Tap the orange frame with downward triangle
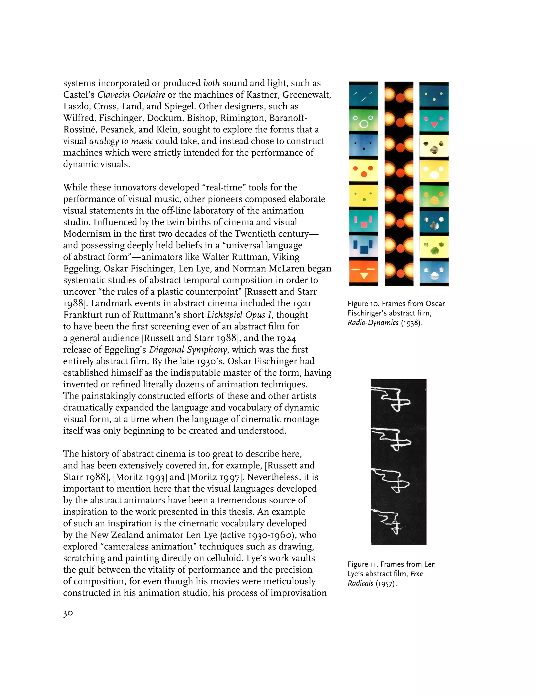tap(364, 273)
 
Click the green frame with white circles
tap(364, 120)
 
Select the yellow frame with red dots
tap(364, 171)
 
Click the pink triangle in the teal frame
tap(434, 124)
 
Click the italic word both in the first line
tap(211, 83)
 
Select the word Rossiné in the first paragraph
tap(80, 130)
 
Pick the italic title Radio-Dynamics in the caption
tap(373, 323)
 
